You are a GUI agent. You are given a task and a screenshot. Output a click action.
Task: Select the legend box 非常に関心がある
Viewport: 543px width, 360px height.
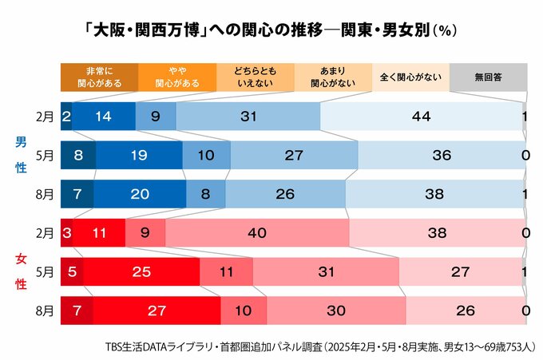tap(99, 77)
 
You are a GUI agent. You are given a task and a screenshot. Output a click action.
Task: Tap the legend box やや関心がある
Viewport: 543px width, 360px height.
tap(177, 77)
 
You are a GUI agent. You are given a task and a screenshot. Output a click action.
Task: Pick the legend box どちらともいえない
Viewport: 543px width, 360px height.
tap(255, 77)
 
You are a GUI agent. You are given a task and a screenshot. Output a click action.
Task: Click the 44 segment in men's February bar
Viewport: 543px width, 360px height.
tap(421, 117)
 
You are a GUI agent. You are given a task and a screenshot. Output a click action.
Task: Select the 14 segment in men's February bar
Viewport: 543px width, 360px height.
tap(104, 117)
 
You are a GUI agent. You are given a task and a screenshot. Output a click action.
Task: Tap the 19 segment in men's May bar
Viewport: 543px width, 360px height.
tap(139, 155)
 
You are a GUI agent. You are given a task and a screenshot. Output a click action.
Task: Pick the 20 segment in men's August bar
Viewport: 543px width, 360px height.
tap(140, 193)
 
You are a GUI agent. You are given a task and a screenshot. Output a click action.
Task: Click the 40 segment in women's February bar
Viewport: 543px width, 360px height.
tap(257, 233)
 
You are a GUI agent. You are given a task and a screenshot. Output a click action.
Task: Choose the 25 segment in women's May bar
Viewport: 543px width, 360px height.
tap(141, 271)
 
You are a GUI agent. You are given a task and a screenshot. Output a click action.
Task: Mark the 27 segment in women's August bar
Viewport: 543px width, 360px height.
tap(157, 310)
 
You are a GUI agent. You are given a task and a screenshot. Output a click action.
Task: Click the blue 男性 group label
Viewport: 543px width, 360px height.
tap(22, 155)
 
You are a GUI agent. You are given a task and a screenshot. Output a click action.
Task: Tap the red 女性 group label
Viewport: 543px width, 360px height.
tap(22, 271)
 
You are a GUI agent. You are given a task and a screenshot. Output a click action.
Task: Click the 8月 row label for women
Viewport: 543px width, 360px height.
tap(45, 310)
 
